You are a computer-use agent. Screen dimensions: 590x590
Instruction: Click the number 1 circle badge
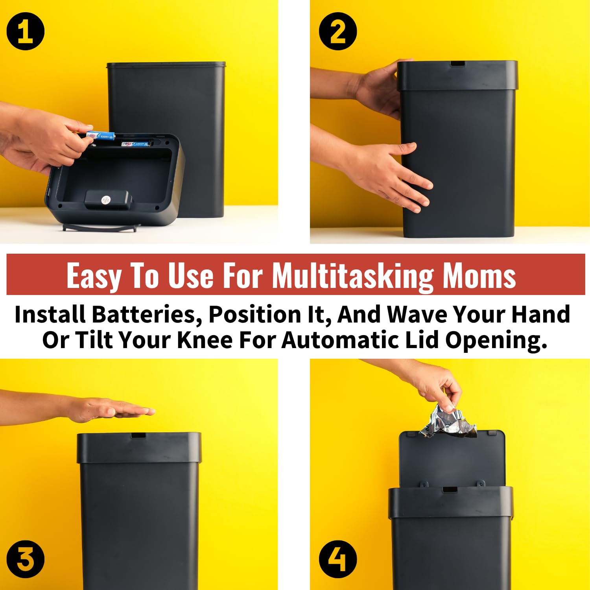(x=26, y=31)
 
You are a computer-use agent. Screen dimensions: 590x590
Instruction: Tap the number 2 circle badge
(x=338, y=31)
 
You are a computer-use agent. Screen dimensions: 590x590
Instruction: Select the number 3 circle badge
(x=26, y=559)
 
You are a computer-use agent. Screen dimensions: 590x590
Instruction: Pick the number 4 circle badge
(x=338, y=559)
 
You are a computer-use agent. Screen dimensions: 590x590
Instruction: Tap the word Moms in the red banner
(x=479, y=275)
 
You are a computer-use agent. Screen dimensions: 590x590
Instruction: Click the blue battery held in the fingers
(x=100, y=136)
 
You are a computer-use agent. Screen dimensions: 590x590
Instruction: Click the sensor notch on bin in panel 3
(x=138, y=435)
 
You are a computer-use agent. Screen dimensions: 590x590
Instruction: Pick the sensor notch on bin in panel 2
(x=457, y=63)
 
